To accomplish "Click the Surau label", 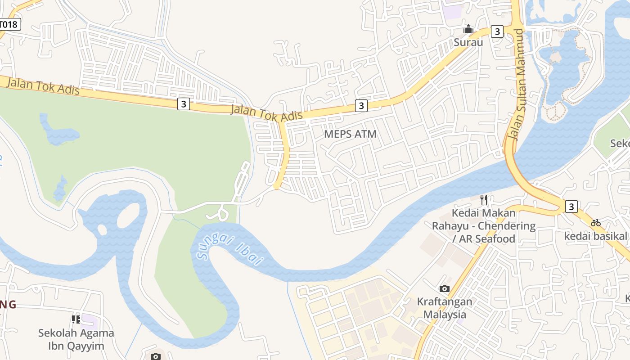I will point(468,43).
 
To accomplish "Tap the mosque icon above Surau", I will point(468,30).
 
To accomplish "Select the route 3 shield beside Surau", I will point(497,31).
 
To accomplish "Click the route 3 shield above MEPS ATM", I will point(361,105).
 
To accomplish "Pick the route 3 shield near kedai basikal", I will point(571,207).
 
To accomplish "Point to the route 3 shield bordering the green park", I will point(183,104).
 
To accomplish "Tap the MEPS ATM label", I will point(350,134).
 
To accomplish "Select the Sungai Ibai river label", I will point(230,250).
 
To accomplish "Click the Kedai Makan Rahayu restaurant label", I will point(484,225).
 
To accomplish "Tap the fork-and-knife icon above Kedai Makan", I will point(484,199).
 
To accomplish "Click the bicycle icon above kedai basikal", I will point(596,223).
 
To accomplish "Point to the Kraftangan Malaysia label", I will point(444,308).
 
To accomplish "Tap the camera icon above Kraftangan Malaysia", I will point(444,288).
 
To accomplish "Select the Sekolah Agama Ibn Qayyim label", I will point(76,339).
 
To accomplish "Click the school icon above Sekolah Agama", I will point(76,319).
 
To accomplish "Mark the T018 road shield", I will point(9,24).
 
